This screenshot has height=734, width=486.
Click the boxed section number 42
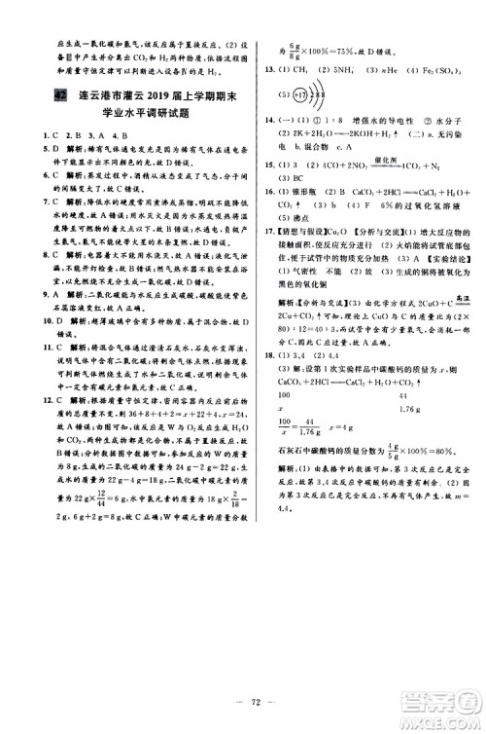(60, 94)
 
